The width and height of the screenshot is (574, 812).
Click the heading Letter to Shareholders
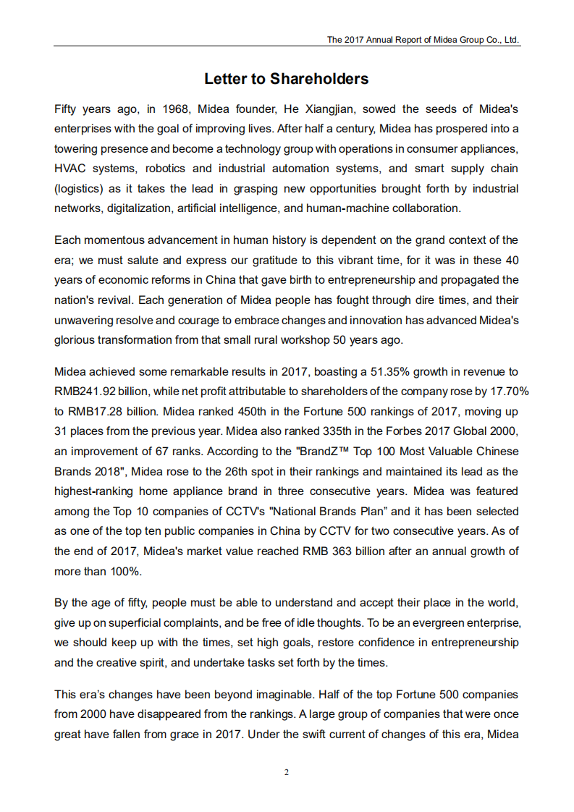[x=287, y=79]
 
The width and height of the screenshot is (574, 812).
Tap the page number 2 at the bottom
[x=287, y=772]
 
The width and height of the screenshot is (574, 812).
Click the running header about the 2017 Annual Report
[x=423, y=40]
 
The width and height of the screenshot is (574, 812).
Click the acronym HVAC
[x=70, y=169]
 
